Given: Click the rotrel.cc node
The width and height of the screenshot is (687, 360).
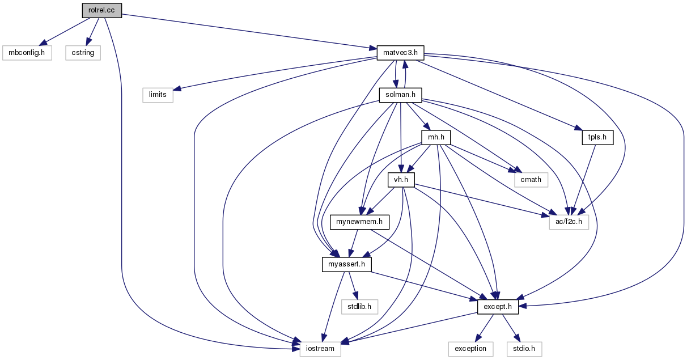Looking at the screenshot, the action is coord(102,10).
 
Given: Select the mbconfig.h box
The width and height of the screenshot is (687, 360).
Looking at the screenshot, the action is coord(27,53).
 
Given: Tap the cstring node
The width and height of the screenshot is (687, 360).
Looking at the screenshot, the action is coord(83,53).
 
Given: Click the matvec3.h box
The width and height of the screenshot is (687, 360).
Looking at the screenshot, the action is coord(401,53).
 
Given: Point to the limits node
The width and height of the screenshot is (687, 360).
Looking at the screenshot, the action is coord(158,95).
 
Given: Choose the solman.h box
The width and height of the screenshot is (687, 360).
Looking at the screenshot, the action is coord(401,95).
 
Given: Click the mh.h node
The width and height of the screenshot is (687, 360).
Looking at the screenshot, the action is coord(436,137).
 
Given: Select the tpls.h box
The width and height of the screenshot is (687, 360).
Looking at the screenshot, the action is coord(598,137).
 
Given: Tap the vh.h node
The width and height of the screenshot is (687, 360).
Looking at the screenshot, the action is coord(401,180).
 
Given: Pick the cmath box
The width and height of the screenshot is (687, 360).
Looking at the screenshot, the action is coord(531,180).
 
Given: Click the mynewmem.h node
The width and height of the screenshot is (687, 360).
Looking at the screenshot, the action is coord(360,222).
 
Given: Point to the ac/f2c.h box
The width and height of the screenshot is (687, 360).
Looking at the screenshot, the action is coord(569,222).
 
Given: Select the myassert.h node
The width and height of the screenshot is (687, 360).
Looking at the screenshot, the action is coord(347,264).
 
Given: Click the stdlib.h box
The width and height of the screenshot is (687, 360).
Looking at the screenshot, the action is coord(360,307).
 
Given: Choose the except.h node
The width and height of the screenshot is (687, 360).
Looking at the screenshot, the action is coord(498,307).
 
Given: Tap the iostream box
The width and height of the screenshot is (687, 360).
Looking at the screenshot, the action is coord(320,349).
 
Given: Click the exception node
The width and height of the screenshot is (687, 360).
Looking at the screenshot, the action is coord(471,349).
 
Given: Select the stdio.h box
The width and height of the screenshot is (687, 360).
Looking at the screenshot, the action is coord(524,349).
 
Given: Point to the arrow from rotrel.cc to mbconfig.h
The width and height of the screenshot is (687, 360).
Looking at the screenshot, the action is coord(65,32).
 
